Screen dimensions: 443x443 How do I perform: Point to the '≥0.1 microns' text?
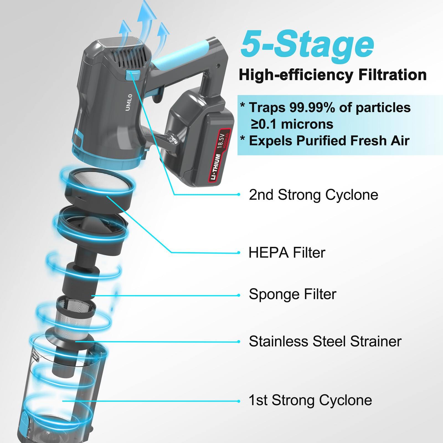(292, 124)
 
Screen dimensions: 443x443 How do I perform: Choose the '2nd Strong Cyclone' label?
(313, 195)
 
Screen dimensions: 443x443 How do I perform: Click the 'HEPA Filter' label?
(287, 253)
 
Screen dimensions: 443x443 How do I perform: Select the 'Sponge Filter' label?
(292, 294)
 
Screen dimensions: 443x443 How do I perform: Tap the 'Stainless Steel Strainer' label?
(325, 341)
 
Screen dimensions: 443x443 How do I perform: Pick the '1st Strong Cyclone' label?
(310, 400)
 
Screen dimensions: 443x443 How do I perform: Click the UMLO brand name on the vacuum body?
(129, 102)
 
